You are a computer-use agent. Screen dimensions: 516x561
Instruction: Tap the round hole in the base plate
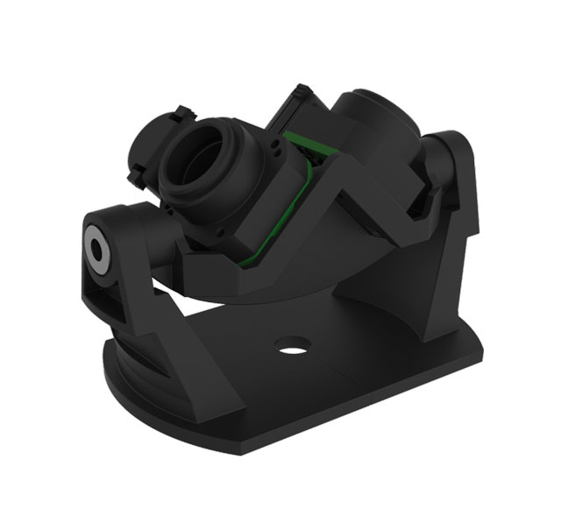tap(288, 345)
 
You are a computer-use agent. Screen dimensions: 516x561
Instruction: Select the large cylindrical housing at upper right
tap(377, 123)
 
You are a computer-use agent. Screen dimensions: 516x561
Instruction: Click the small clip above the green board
tap(302, 91)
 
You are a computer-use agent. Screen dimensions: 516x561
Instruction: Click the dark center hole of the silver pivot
tap(96, 247)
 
